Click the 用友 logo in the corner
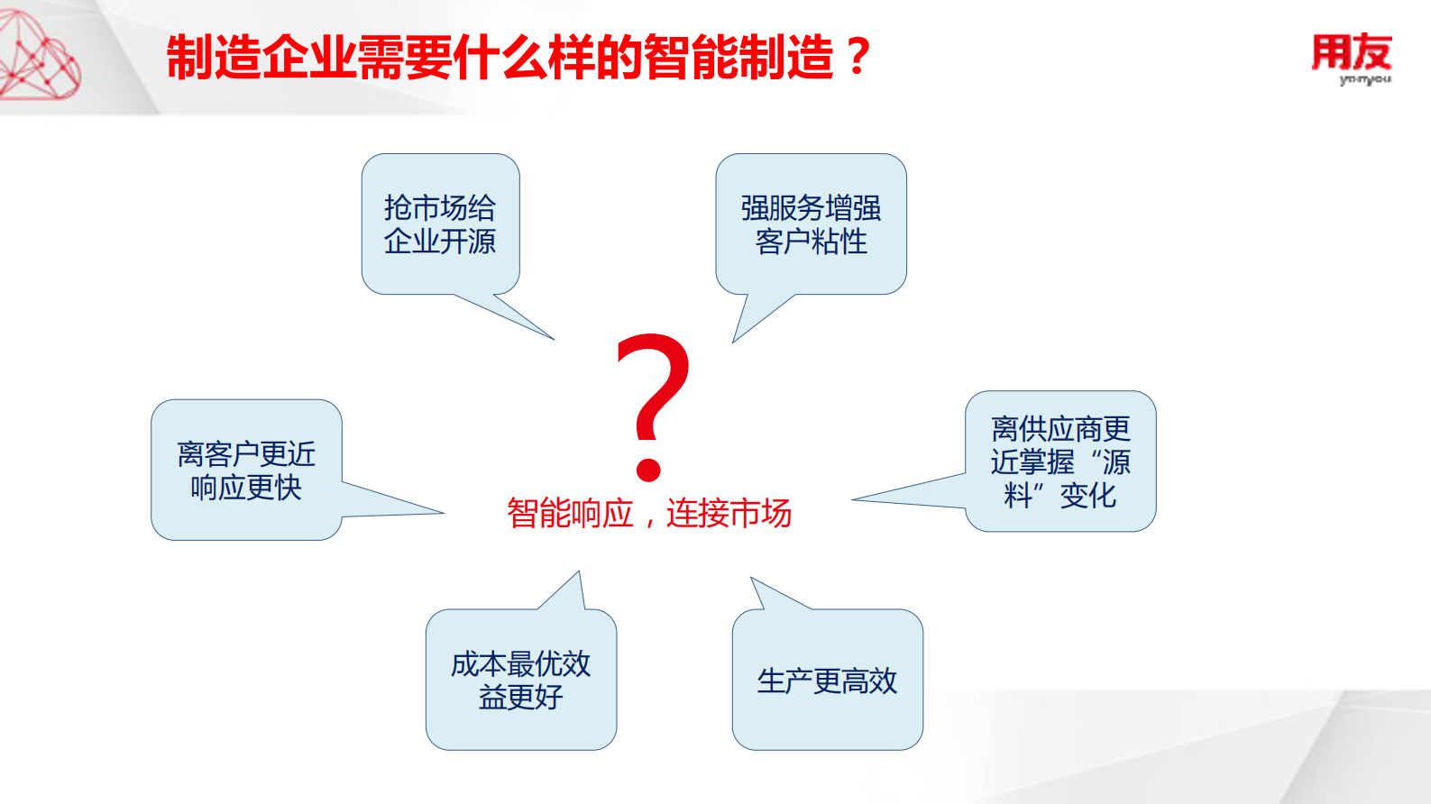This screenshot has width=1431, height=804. [x=1351, y=54]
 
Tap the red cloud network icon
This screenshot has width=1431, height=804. [x=38, y=56]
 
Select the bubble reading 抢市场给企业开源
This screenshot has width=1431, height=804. [x=440, y=224]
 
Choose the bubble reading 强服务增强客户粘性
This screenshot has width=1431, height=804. [x=811, y=224]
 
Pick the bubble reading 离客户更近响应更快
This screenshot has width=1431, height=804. [x=246, y=470]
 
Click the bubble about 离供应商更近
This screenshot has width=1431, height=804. [x=1060, y=461]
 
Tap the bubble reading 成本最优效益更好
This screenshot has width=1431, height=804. [x=520, y=680]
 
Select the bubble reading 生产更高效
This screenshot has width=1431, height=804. [x=827, y=680]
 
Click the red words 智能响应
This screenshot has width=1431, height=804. [x=570, y=514]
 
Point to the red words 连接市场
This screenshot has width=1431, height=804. [x=729, y=514]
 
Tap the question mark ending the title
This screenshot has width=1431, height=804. [x=858, y=58]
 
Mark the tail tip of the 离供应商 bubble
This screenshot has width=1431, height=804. [x=854, y=499]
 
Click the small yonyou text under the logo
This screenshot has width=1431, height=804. [x=1364, y=80]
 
